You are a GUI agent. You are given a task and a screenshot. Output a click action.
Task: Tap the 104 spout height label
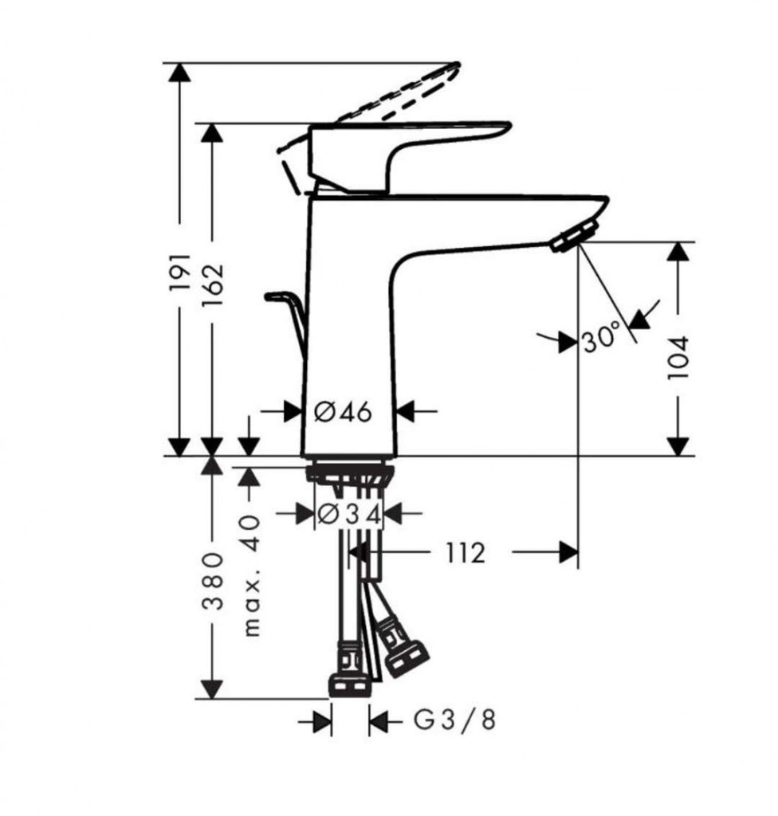[678, 358]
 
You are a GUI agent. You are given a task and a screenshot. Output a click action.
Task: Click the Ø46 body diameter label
[344, 412]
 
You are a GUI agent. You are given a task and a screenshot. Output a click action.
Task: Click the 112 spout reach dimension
[465, 553]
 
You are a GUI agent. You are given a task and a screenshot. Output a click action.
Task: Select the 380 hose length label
[212, 581]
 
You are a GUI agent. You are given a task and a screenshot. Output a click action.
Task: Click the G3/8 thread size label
[454, 720]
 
